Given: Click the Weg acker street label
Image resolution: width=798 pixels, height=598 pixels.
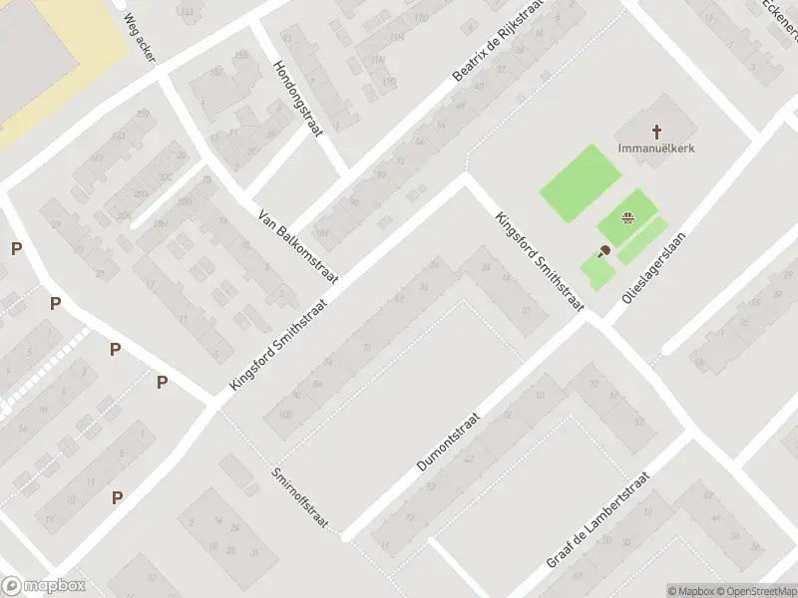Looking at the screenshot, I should (x=139, y=38).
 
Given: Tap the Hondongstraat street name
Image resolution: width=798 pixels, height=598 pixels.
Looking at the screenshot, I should (x=294, y=100).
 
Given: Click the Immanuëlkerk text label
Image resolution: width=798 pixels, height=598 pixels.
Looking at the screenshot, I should (x=656, y=149).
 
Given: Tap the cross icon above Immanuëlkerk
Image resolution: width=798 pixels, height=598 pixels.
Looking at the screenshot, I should (x=656, y=131).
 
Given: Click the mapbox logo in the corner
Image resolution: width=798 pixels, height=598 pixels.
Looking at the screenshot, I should (x=43, y=586).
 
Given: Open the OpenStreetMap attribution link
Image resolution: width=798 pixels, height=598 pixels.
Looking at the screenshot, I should (x=756, y=591).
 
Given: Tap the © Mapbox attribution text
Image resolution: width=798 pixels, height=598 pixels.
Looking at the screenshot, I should (x=690, y=591).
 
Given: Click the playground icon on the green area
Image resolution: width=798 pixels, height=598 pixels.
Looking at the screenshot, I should (x=627, y=219).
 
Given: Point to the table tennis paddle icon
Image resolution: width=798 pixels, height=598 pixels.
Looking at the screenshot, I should (x=604, y=251).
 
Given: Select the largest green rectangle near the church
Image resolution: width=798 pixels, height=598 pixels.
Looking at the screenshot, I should (x=581, y=183).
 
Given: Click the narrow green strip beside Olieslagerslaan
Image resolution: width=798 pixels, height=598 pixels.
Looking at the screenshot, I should (x=642, y=241).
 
